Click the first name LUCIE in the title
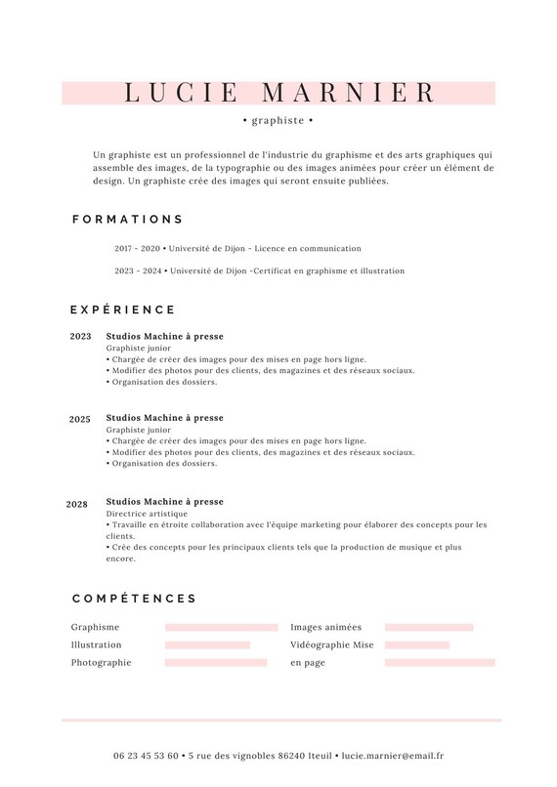(x=182, y=93)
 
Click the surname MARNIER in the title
(x=350, y=93)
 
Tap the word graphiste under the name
(x=278, y=121)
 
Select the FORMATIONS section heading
(x=128, y=220)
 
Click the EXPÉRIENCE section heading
(x=123, y=310)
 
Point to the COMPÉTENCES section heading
(x=135, y=599)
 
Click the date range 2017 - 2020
(x=137, y=249)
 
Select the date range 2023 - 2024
(x=138, y=271)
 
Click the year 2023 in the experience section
(x=81, y=337)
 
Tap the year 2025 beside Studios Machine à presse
(x=80, y=420)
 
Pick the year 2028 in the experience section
(x=77, y=505)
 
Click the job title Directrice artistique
(x=147, y=514)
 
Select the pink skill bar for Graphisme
(x=222, y=628)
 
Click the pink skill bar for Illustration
(x=207, y=645)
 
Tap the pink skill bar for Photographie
(x=216, y=663)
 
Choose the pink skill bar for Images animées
(x=429, y=628)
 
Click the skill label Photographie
(x=101, y=663)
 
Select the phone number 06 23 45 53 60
(x=146, y=756)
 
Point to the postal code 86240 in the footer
(x=291, y=756)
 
